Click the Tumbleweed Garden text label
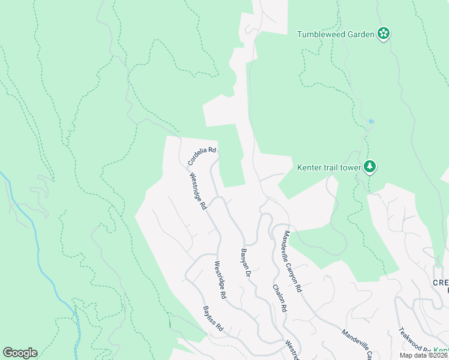[336, 34]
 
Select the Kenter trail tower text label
[328, 167]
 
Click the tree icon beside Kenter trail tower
[371, 167]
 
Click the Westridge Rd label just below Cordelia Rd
[198, 191]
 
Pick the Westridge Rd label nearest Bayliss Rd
[220, 280]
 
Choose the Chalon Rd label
[279, 298]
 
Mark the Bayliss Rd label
[213, 319]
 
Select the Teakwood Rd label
[415, 341]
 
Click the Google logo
[20, 353]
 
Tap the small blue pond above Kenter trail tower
[372, 121]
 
